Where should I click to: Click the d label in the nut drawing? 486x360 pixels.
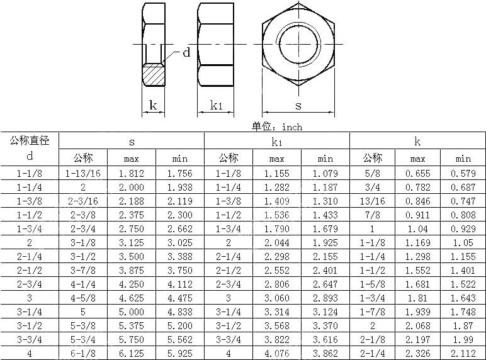click(x=186, y=53)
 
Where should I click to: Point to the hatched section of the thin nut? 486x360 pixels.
click(x=153, y=75)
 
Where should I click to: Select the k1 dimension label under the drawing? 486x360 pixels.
click(x=217, y=106)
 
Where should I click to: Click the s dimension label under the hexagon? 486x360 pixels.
click(x=298, y=106)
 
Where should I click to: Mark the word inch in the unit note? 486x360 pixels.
click(x=292, y=127)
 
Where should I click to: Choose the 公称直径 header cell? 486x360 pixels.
click(x=30, y=140)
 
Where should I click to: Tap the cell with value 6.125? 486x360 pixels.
click(x=132, y=353)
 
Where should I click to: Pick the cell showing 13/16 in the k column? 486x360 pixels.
click(x=372, y=201)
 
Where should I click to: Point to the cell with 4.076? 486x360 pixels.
click(x=277, y=353)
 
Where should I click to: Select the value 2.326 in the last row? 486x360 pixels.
click(x=418, y=353)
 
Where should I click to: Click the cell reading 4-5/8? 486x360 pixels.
click(x=83, y=298)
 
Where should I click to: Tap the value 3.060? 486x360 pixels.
click(x=277, y=298)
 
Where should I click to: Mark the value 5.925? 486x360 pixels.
click(x=180, y=353)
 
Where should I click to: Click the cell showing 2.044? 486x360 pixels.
click(x=277, y=242)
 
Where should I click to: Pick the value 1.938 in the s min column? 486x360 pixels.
click(x=180, y=187)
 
